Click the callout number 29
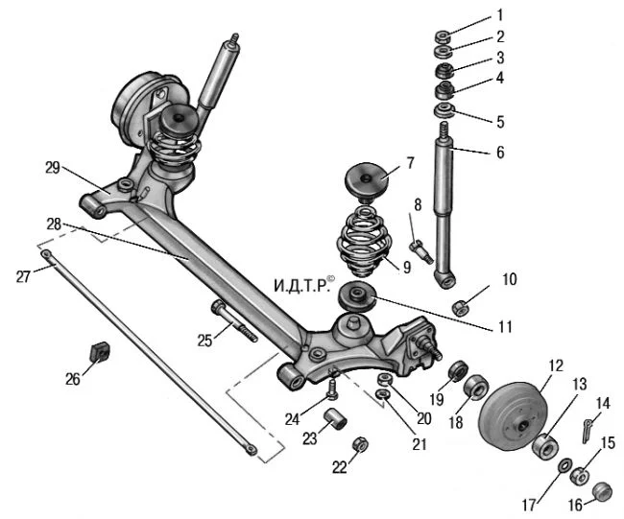pyautogui.click(x=52, y=167)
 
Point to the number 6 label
pyautogui.click(x=500, y=153)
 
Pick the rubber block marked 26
pyautogui.click(x=99, y=352)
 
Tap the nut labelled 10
pyautogui.click(x=460, y=307)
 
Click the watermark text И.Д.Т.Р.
pyautogui.click(x=302, y=286)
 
